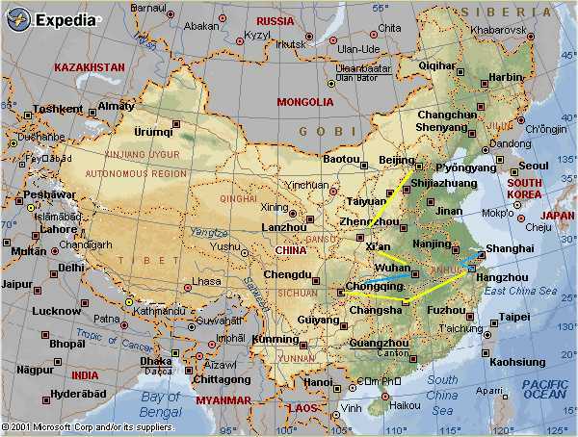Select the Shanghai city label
point(512,248)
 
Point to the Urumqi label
point(154,132)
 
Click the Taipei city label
point(514,316)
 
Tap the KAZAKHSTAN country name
point(90,68)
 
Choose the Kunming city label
point(274,339)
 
